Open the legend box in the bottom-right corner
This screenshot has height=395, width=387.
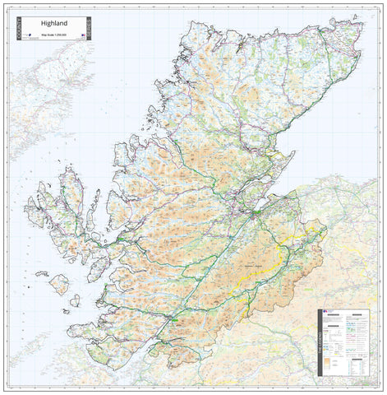point(346,342)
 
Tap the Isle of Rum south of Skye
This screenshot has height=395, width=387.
point(58,285)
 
